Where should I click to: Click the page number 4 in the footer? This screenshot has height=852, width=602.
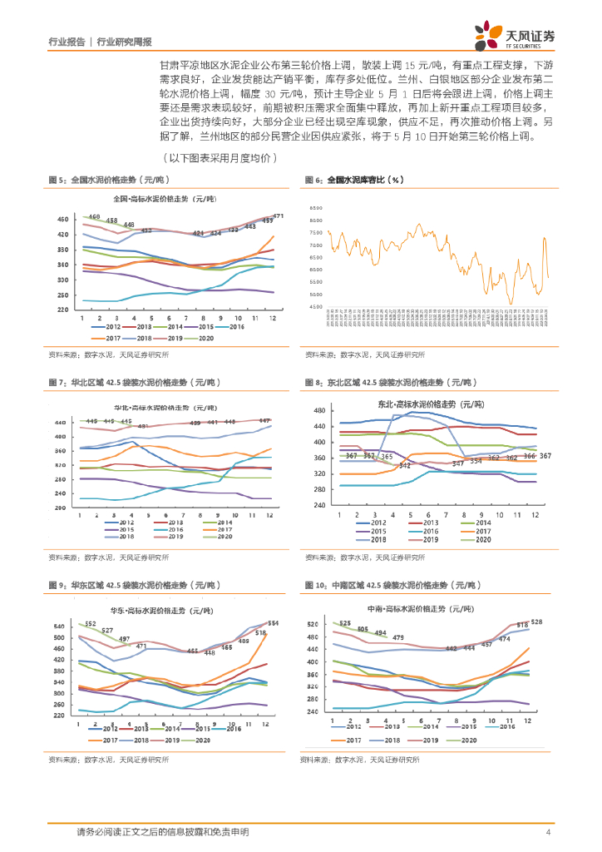pyautogui.click(x=548, y=832)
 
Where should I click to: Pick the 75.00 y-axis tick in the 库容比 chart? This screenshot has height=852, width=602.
pyautogui.click(x=313, y=245)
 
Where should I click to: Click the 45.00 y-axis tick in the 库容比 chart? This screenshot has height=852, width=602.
pyautogui.click(x=313, y=307)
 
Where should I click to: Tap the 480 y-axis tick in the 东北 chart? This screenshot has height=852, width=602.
pyautogui.click(x=318, y=411)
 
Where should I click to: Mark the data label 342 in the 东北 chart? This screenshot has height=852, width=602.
pyautogui.click(x=405, y=465)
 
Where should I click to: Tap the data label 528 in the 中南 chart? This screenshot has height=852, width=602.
pyautogui.click(x=536, y=622)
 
